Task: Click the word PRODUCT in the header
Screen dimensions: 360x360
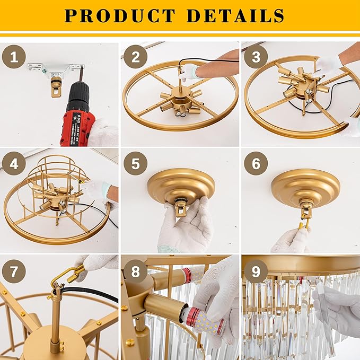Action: pos(120,15)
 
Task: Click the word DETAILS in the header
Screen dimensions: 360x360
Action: pos(235,15)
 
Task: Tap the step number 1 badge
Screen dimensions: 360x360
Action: pos(14,57)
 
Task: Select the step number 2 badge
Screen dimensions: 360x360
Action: pos(135,57)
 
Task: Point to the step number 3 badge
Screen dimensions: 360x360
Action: pos(256,57)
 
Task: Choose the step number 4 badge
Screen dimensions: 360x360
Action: pos(14,163)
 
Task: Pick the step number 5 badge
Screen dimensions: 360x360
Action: pos(135,163)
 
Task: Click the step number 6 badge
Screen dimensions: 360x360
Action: pos(256,163)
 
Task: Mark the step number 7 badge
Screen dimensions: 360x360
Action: pos(14,271)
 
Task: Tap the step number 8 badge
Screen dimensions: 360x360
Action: pos(135,271)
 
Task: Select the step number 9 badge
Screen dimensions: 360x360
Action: pos(256,271)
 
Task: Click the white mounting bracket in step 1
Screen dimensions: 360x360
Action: pos(56,69)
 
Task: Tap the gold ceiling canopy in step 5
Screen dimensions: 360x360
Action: pos(181,186)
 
